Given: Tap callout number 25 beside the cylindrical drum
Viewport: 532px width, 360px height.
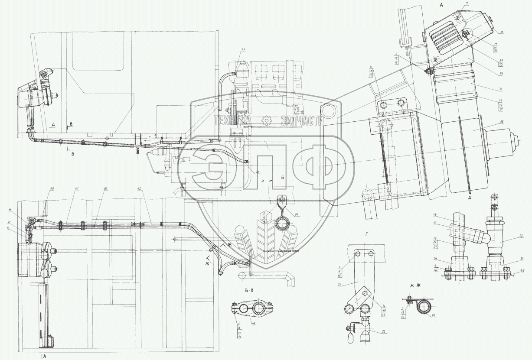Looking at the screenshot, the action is pyautogui.click(x=501, y=123).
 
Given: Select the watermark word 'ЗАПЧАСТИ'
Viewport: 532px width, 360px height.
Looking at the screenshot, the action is pyautogui.click(x=302, y=120).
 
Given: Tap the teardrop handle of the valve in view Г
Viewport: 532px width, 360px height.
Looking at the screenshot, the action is pyautogui.click(x=351, y=337).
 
